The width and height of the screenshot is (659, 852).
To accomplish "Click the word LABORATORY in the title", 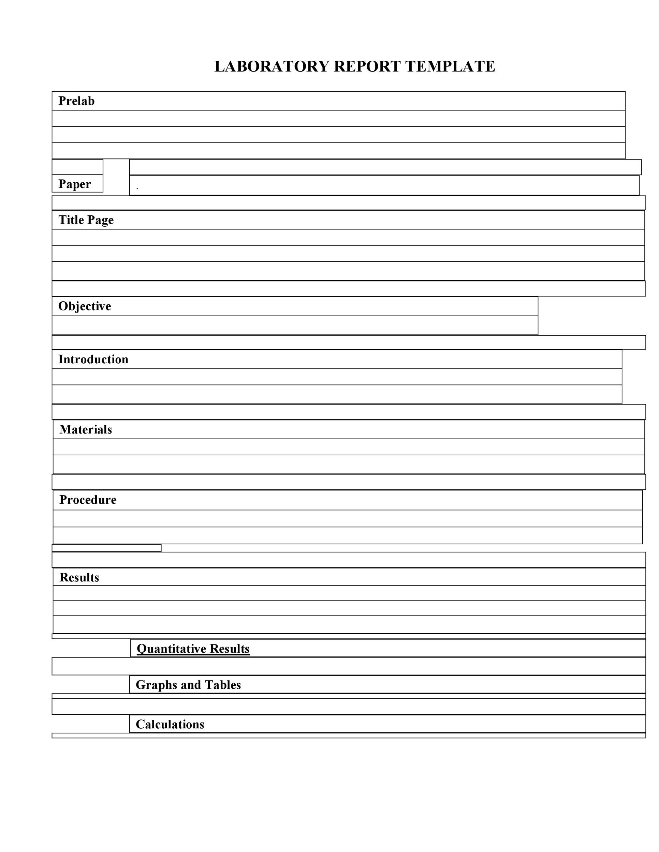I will (272, 67).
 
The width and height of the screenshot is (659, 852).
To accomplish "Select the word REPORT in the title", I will (367, 67).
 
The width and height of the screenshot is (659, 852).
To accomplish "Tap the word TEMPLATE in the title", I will (450, 67).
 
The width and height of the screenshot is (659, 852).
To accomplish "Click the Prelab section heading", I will (76, 101).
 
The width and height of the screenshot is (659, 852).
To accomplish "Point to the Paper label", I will (75, 184).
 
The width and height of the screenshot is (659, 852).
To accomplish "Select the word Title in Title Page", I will (71, 220).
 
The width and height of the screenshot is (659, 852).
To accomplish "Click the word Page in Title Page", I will (100, 220).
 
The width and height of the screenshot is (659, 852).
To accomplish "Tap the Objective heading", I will (85, 306).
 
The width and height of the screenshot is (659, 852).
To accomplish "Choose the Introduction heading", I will (93, 359).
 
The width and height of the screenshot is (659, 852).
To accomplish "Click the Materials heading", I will (86, 429).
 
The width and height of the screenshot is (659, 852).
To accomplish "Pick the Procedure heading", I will (88, 500).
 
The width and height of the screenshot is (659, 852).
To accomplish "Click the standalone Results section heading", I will (79, 577).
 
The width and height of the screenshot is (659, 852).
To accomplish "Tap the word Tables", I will (223, 685).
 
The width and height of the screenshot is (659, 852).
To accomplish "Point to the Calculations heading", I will (170, 725).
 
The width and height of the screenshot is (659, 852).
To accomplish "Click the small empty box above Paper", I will (77, 167).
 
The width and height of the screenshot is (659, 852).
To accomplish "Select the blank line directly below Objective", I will (295, 325).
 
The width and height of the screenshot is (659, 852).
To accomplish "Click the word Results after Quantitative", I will (230, 649).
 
